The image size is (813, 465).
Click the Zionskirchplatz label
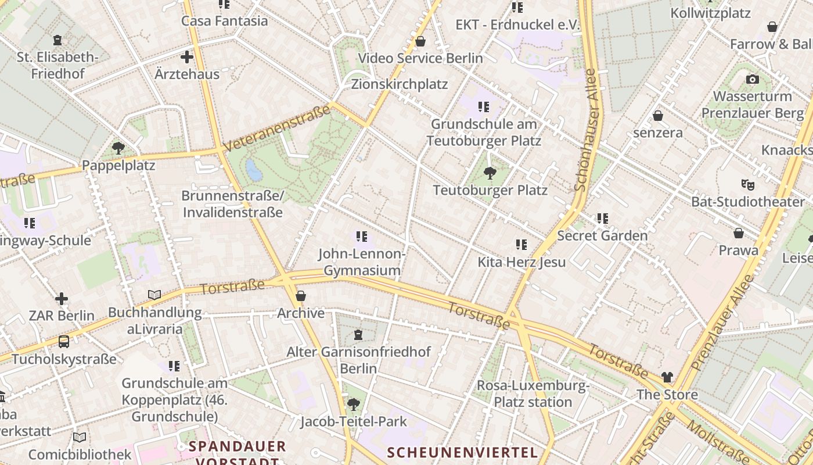click(x=400, y=84)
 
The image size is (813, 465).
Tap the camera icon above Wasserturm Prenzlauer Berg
click(x=753, y=79)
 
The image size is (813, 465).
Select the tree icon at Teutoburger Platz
click(x=490, y=173)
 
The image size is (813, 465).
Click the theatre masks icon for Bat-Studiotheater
click(x=748, y=185)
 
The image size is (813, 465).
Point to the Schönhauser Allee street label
click(x=585, y=130)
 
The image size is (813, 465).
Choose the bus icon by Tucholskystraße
click(x=64, y=342)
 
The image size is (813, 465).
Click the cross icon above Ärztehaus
click(x=186, y=57)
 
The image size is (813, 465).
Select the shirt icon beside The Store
click(x=667, y=377)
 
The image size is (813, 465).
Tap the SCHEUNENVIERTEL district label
click(x=462, y=452)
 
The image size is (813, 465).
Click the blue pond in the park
click(x=254, y=170)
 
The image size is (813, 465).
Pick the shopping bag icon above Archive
click(x=300, y=296)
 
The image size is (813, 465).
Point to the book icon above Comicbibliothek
click(x=80, y=437)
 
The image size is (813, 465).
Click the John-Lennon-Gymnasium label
click(x=362, y=262)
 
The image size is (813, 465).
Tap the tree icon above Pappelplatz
click(x=118, y=148)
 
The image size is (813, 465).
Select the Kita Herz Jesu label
click(x=521, y=262)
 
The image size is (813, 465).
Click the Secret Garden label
click(x=602, y=235)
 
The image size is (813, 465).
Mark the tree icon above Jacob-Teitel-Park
click(x=353, y=404)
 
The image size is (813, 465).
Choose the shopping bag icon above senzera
click(x=658, y=116)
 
